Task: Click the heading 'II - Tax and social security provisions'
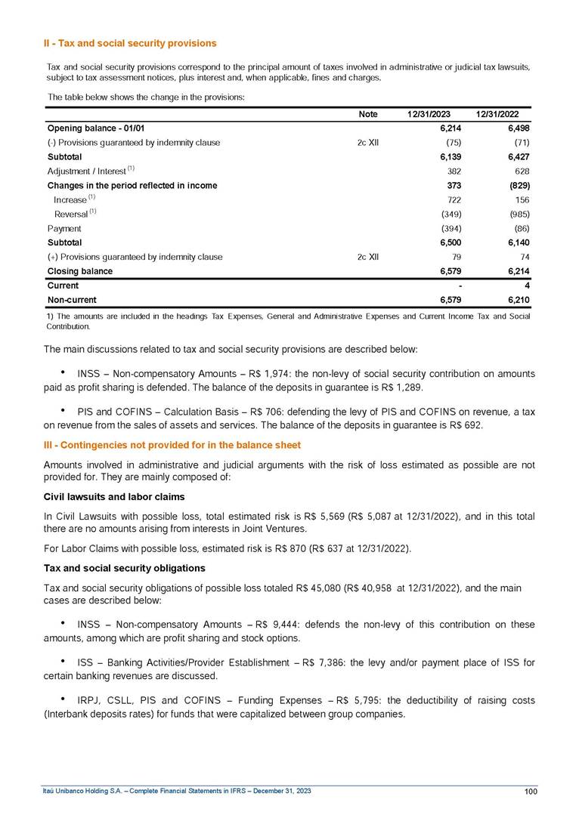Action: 130,43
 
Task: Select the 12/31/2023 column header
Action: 429,114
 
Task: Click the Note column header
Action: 367,114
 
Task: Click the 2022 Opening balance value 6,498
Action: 516,128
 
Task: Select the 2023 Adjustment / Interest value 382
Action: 444,171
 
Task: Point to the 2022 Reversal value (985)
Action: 516,214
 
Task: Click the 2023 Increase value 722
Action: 444,199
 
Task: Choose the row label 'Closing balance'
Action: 80,270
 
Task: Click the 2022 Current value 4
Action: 526,286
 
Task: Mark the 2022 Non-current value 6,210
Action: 516,300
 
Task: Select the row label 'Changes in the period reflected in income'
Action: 132,185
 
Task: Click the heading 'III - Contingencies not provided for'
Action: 172,446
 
